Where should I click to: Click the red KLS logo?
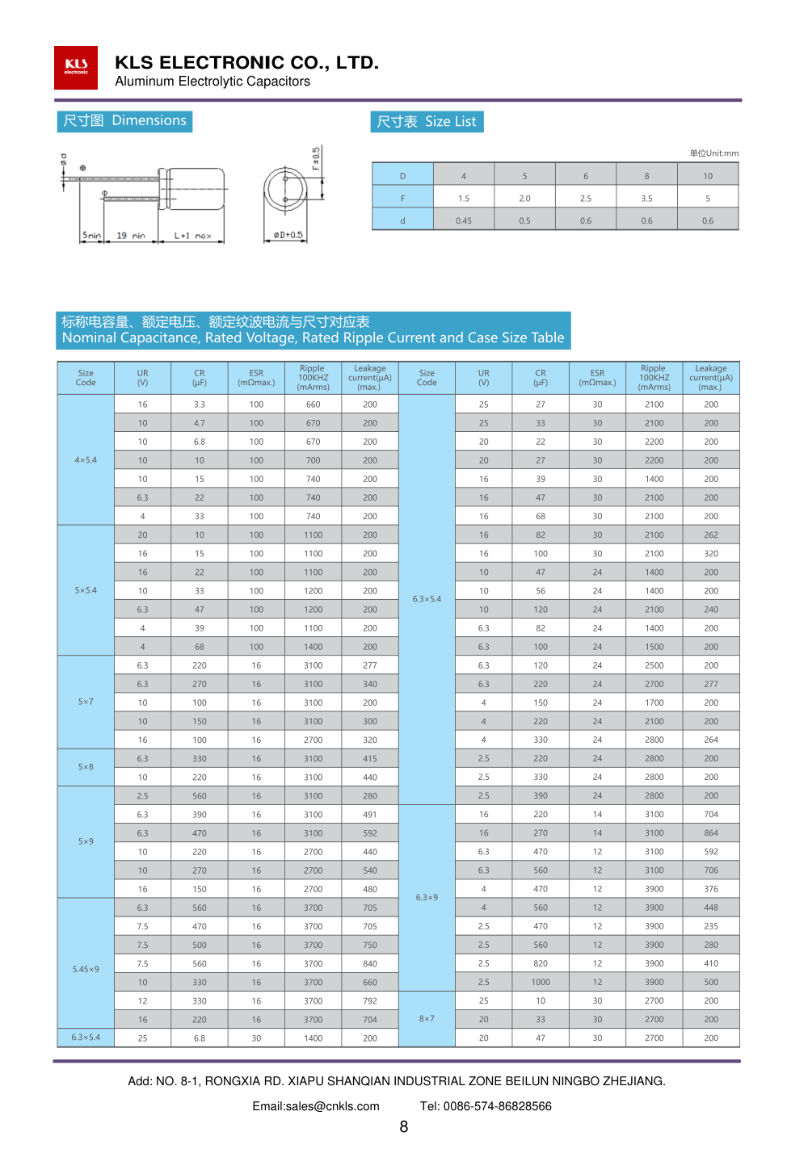click(x=76, y=68)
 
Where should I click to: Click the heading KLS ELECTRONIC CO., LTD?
click(x=246, y=62)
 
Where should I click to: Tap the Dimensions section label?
click(x=124, y=121)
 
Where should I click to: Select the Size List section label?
click(x=427, y=122)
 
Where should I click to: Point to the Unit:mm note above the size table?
click(x=713, y=153)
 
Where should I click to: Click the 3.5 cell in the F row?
click(x=646, y=199)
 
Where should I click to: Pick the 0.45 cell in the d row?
click(x=464, y=221)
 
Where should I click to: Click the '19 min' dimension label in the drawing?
click(x=131, y=236)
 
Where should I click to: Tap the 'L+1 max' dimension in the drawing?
click(x=192, y=236)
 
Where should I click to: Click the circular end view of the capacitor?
click(x=284, y=191)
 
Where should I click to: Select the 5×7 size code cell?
click(x=86, y=702)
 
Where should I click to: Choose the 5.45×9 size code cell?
click(x=86, y=970)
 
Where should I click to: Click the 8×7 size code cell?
click(x=427, y=1019)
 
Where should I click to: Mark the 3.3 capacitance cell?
click(x=200, y=405)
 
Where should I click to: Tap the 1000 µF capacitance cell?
click(x=541, y=983)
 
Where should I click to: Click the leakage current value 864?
click(x=711, y=833)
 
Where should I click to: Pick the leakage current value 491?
click(x=370, y=815)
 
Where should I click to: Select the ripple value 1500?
click(x=654, y=647)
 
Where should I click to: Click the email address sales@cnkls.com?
click(x=316, y=1106)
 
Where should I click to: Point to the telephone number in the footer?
click(x=486, y=1106)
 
